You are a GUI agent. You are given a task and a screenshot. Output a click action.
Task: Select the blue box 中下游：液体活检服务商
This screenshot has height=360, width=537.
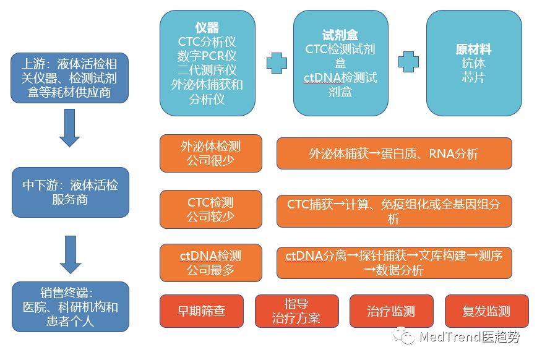(69, 192)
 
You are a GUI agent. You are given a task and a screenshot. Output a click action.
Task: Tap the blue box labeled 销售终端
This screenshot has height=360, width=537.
(69, 307)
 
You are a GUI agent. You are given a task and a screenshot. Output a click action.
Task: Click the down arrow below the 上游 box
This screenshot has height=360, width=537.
(69, 128)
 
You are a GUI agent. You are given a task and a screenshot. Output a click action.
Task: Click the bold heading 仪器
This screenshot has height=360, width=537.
(207, 28)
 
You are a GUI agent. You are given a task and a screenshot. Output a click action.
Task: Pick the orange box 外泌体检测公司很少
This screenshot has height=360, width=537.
(210, 153)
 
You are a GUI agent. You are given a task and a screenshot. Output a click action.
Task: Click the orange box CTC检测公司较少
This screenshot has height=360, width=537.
(210, 210)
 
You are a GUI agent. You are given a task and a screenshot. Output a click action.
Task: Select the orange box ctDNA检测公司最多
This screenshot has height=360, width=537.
(210, 262)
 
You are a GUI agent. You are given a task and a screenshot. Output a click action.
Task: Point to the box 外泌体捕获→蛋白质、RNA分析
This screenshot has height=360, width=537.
(393, 153)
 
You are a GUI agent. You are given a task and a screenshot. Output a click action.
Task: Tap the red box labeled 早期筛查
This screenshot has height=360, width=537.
(202, 311)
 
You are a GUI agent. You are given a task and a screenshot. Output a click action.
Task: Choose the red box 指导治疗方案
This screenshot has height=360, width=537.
(296, 311)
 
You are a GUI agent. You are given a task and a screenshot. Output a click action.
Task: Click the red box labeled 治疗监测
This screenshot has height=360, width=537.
(391, 311)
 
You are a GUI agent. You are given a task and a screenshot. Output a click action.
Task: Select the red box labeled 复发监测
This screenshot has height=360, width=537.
(486, 311)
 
